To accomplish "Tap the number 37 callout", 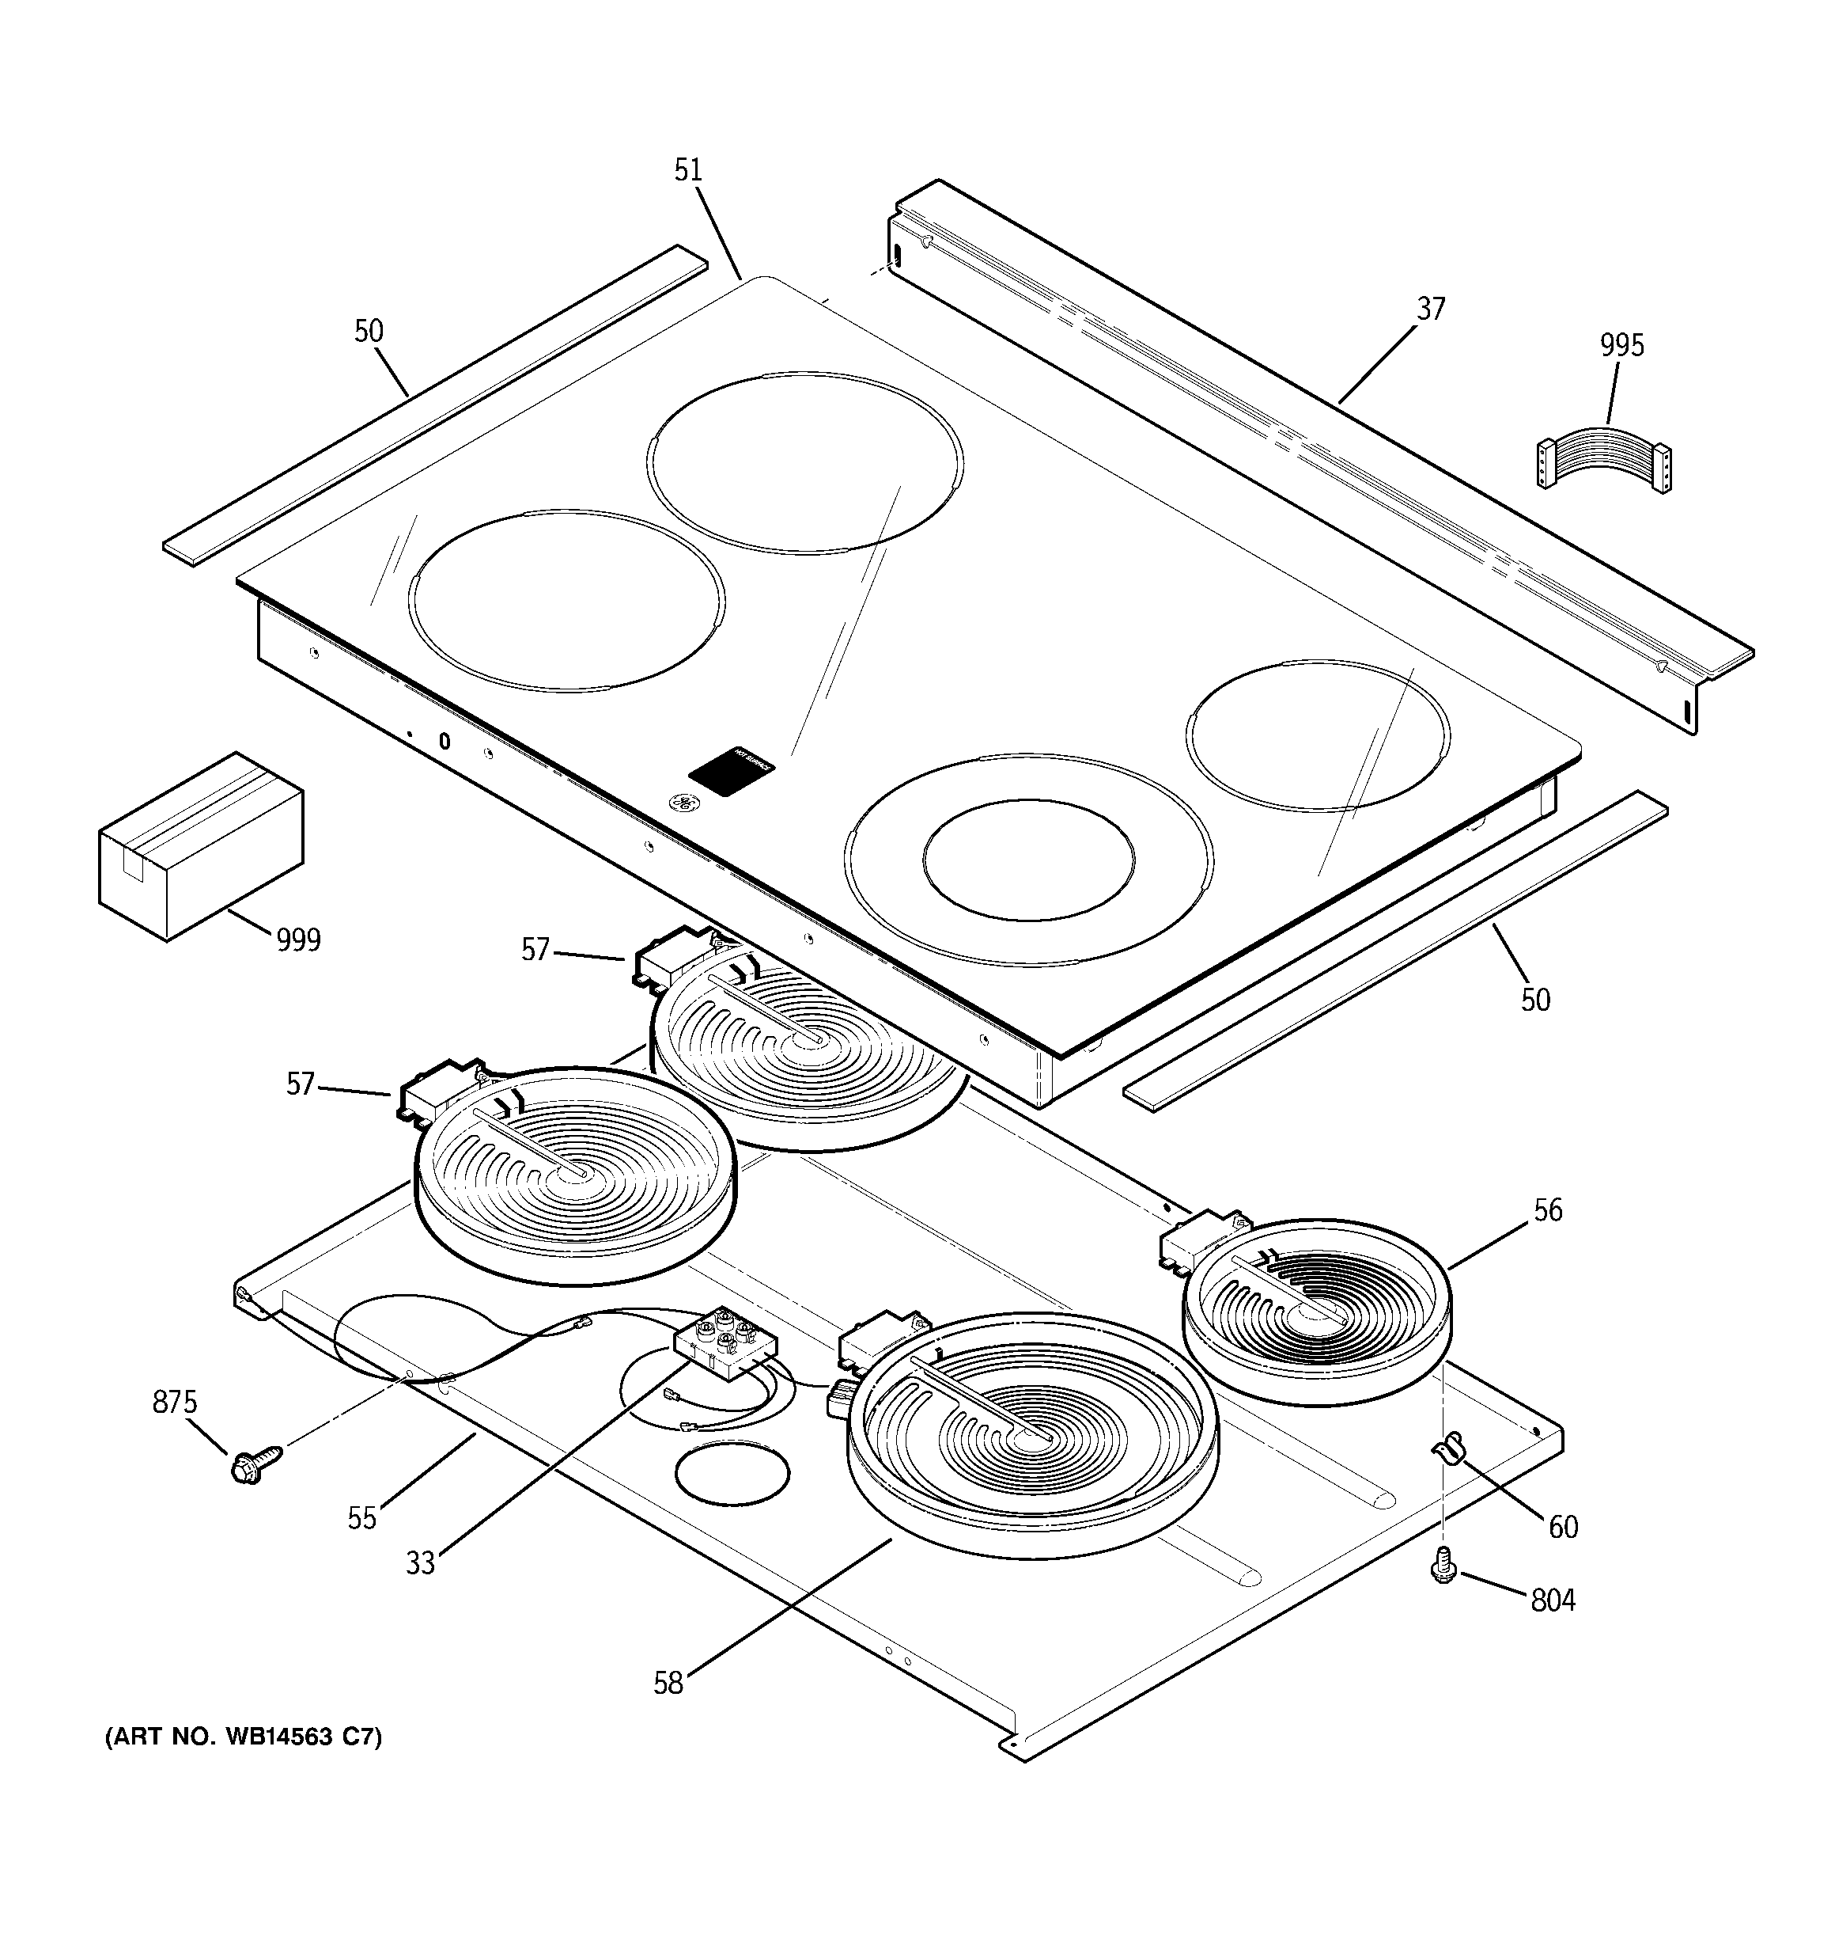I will tap(1430, 309).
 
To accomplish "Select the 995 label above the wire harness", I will tap(1621, 345).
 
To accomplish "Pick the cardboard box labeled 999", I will tap(200, 845).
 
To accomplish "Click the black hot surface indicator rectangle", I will tap(732, 769).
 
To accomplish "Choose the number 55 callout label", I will tap(361, 1517).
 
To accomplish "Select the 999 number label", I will tap(297, 940).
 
